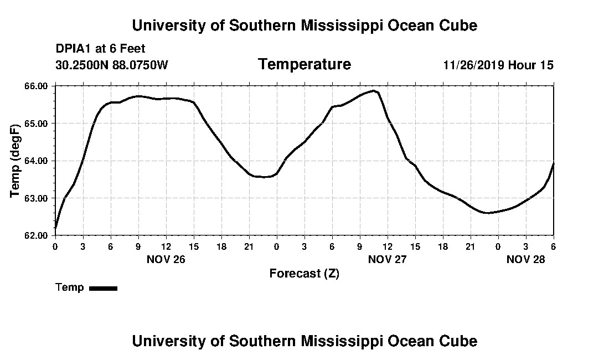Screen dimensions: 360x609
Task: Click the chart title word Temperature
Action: pos(304,65)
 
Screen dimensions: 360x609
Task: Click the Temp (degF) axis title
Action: pos(15,161)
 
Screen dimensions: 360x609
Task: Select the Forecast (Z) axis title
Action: pos(304,274)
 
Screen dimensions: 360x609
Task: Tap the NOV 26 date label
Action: pos(166,259)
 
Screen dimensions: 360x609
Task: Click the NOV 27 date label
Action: pos(387,259)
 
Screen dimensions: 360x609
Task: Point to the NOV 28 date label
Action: pos(525,259)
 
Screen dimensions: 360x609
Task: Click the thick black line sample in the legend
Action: pos(104,288)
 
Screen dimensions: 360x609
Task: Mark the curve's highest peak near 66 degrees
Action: pos(374,91)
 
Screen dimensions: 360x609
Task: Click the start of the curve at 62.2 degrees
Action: pos(55,228)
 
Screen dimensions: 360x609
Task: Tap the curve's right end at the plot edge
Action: pos(553,164)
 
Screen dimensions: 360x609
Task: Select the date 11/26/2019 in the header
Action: pos(473,65)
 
